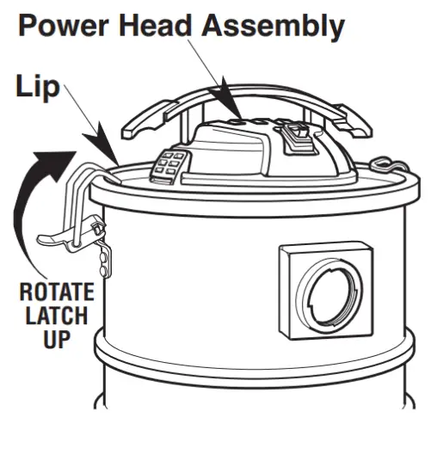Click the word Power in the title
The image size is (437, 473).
click(x=65, y=26)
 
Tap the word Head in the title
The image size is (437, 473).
click(x=164, y=26)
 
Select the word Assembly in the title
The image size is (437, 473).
click(x=275, y=27)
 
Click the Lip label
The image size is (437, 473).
click(x=34, y=87)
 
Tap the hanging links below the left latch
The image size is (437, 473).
click(x=105, y=258)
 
